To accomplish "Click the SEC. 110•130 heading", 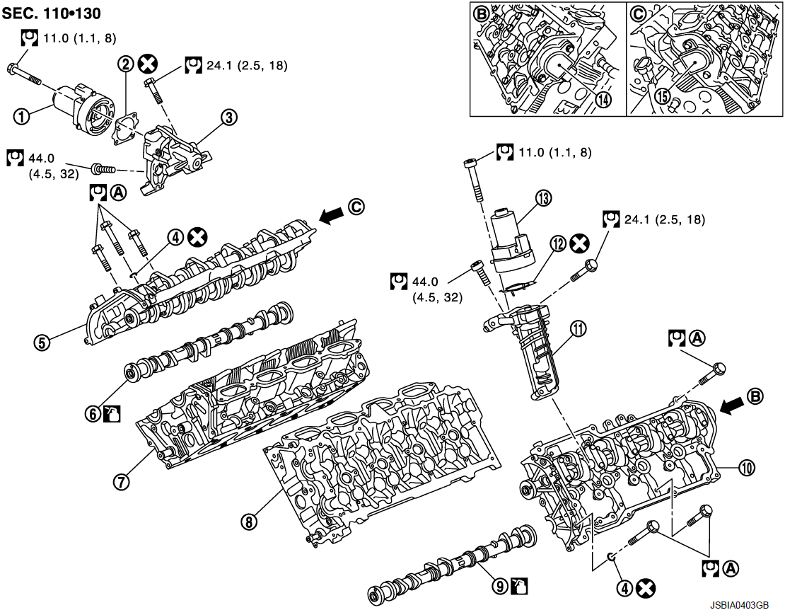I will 51,13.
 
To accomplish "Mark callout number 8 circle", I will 248,522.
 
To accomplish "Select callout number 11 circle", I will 579,328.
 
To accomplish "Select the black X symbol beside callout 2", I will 147,64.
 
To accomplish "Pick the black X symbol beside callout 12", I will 579,243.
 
